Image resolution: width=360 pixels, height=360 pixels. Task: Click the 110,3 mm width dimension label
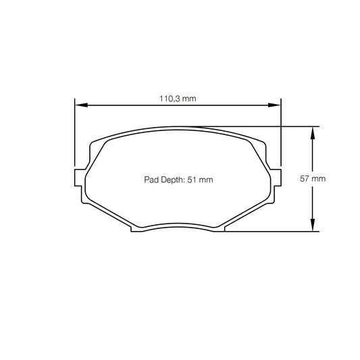177,99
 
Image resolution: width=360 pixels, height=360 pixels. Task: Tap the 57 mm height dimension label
313,179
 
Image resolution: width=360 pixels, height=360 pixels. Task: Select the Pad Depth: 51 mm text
178,180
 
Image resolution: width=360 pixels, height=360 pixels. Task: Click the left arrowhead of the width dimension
79,105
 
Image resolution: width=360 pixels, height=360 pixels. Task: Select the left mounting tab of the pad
78,180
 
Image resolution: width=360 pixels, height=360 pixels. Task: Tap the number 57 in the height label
303,179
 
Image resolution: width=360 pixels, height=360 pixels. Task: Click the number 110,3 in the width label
170,99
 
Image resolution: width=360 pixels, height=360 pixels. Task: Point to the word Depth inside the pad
169,180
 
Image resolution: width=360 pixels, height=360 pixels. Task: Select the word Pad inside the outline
151,180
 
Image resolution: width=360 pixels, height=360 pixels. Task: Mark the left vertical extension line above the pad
74,135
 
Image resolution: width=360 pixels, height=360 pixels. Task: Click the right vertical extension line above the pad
280,135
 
